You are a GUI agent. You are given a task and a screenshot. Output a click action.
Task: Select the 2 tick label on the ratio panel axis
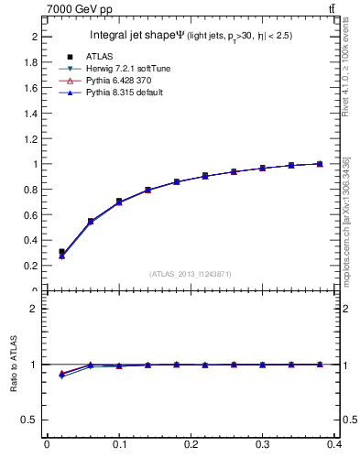click(37, 309)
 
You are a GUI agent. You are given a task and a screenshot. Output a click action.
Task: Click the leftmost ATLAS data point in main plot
click(61, 251)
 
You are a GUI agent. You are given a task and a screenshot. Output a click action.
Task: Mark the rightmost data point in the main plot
click(320, 164)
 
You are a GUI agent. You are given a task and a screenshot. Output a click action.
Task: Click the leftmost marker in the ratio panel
click(61, 375)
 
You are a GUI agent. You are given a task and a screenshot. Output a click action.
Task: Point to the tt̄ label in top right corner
click(332, 8)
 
